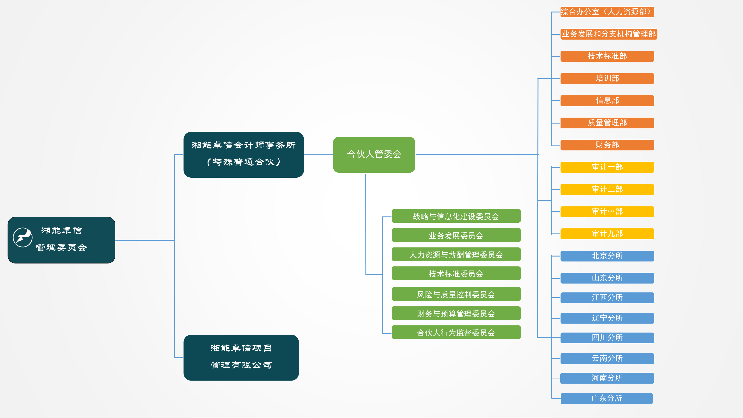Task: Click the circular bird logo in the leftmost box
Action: (22, 237)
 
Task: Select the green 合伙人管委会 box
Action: (374, 154)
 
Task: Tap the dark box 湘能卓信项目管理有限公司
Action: (241, 357)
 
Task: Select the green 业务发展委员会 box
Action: (456, 235)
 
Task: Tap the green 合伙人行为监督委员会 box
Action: (456, 332)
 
